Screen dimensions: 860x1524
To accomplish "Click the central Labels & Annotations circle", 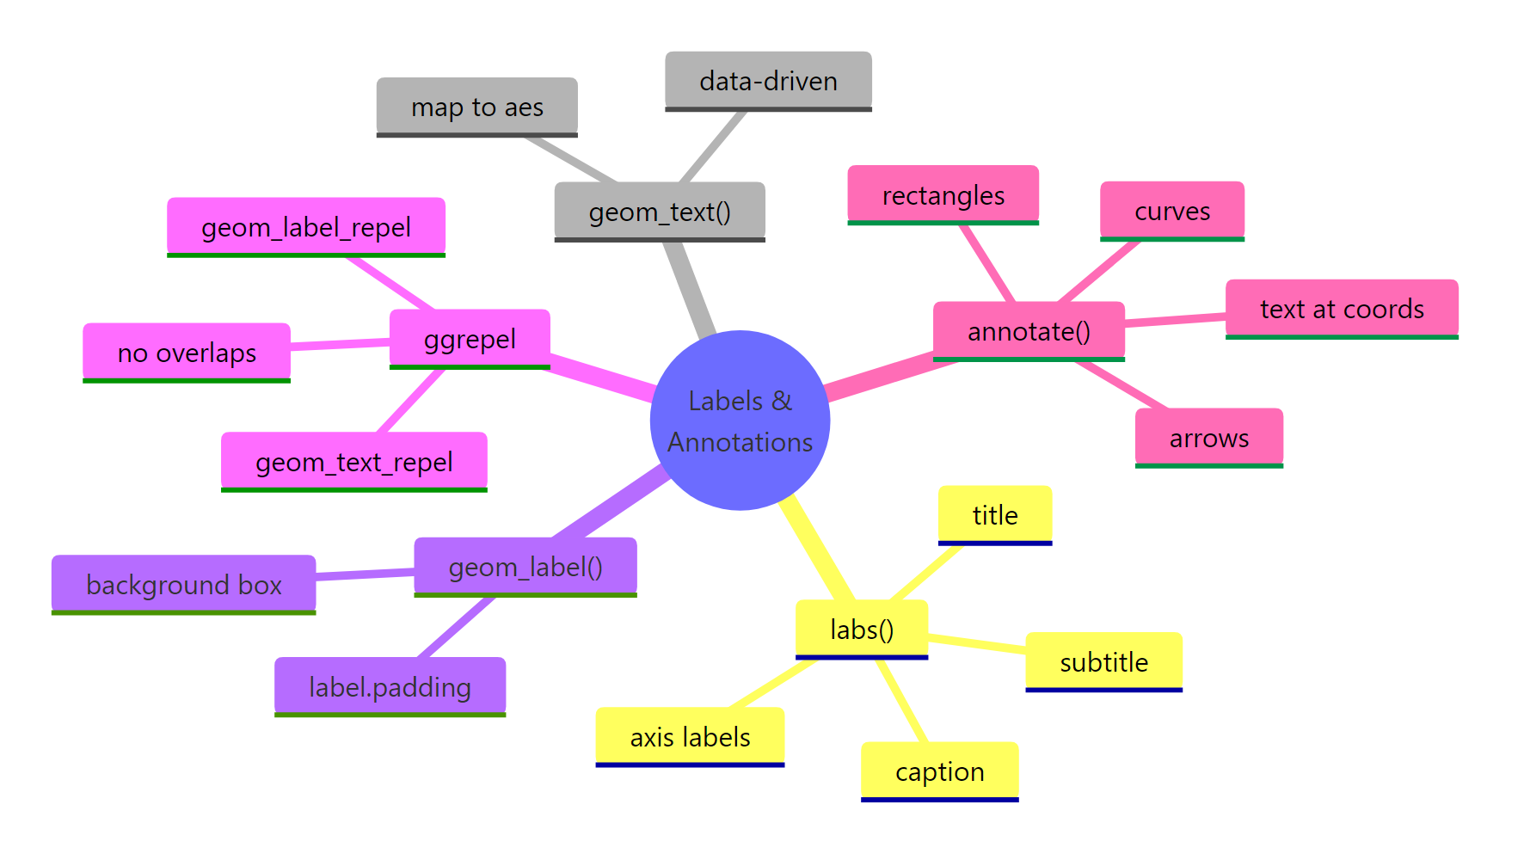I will [x=740, y=421].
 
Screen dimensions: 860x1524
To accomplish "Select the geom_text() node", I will [x=660, y=212].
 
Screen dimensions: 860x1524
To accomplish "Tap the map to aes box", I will [x=476, y=107].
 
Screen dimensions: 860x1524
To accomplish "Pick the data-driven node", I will [x=768, y=81].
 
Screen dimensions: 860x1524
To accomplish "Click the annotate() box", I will [x=1029, y=331].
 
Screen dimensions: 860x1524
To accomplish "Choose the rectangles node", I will [x=943, y=195].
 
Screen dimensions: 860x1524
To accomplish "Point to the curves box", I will [x=1171, y=211].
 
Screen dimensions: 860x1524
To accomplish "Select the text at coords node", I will [x=1341, y=309].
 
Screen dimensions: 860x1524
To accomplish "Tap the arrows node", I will [x=1208, y=438].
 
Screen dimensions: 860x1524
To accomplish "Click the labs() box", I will [x=861, y=630].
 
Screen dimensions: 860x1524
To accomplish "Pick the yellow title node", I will [x=994, y=515].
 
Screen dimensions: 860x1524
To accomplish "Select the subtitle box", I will [x=1103, y=662].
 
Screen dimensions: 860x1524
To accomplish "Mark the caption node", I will [x=939, y=771].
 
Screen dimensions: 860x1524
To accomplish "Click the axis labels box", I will [x=690, y=737].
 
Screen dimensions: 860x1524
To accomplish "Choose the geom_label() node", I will [x=525, y=567].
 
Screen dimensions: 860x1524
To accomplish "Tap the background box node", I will [x=183, y=585].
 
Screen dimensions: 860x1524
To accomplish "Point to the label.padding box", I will [x=390, y=686].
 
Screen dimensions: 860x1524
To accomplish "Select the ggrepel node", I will [x=470, y=339].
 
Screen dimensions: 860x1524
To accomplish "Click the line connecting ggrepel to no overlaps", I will [x=340, y=344].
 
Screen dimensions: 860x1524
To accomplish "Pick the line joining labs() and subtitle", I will [x=977, y=643].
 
